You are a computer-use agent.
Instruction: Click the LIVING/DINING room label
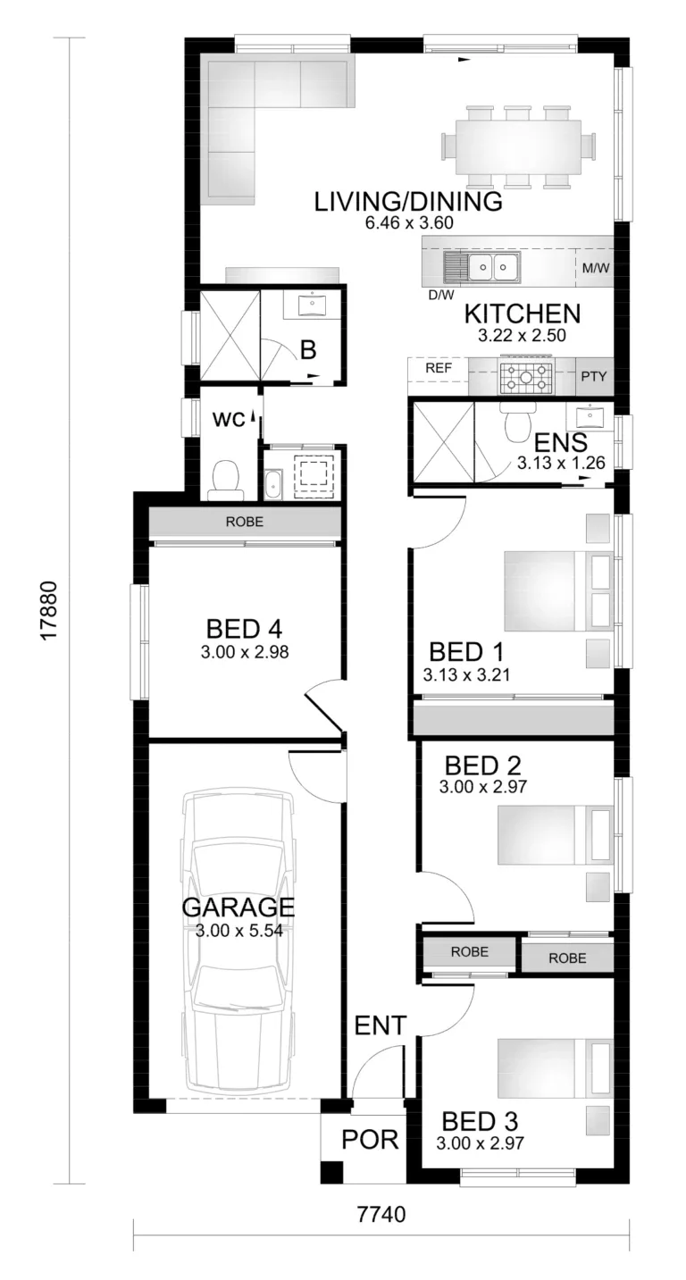pyautogui.click(x=408, y=202)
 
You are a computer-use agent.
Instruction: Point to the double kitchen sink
pyautogui.click(x=493, y=266)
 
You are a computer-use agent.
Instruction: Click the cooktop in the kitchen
pyautogui.click(x=527, y=378)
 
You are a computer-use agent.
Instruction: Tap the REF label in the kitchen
pyautogui.click(x=438, y=368)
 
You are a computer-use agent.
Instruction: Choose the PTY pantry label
pyautogui.click(x=594, y=377)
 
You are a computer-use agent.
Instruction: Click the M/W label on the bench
pyautogui.click(x=596, y=267)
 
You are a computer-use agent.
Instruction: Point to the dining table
pyautogui.click(x=519, y=146)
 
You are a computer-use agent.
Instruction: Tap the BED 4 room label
pyautogui.click(x=245, y=629)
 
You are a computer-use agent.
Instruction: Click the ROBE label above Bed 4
pyautogui.click(x=245, y=522)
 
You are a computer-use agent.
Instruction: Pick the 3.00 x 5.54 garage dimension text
pyautogui.click(x=238, y=930)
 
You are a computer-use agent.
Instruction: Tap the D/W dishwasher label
pyautogui.click(x=441, y=295)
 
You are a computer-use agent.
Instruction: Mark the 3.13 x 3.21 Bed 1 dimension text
pyautogui.click(x=466, y=674)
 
